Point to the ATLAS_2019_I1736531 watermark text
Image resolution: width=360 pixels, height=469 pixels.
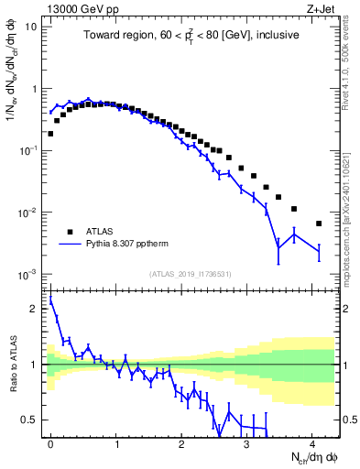tap(191, 274)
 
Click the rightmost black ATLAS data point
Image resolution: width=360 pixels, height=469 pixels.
tap(319, 224)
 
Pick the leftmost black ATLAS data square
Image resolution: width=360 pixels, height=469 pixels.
tap(50, 134)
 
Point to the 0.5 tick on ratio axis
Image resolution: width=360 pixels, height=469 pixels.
tap(32, 420)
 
